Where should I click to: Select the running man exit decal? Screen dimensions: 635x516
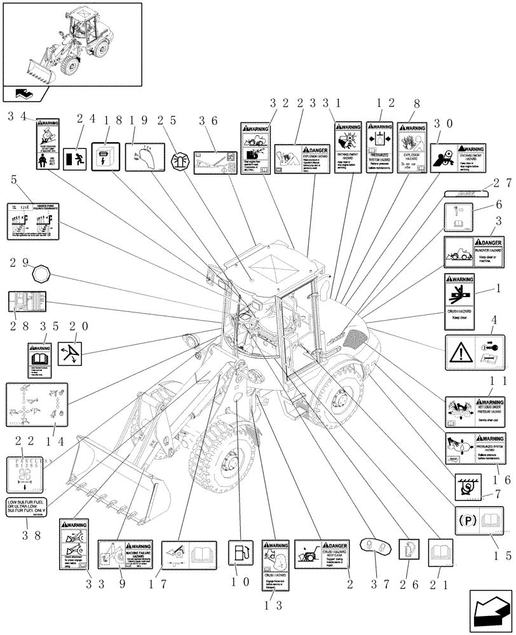click(74, 156)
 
